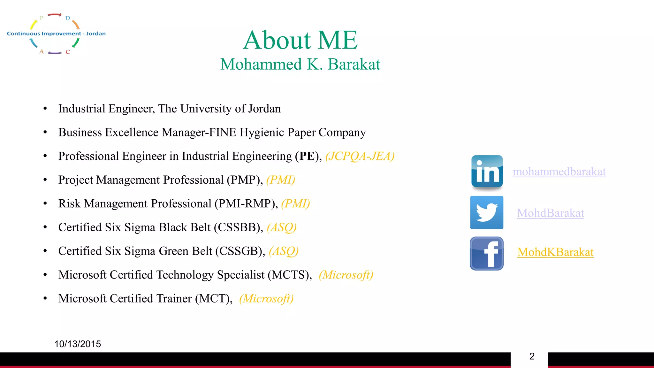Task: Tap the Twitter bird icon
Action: (x=487, y=212)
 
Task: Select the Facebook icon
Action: (x=487, y=253)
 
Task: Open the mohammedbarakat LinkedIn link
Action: (x=559, y=172)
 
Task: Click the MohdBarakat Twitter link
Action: (x=551, y=213)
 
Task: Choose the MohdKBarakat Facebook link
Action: (x=555, y=252)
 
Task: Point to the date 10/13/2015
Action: (x=78, y=344)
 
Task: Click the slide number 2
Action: (x=532, y=356)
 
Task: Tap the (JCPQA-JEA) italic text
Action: (x=360, y=156)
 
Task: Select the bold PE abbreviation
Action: (x=307, y=156)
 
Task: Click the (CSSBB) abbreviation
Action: (x=238, y=227)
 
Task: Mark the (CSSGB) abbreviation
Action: (x=240, y=251)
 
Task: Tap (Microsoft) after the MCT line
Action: (x=266, y=299)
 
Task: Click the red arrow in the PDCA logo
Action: (x=55, y=15)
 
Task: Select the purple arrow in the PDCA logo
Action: (x=55, y=53)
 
